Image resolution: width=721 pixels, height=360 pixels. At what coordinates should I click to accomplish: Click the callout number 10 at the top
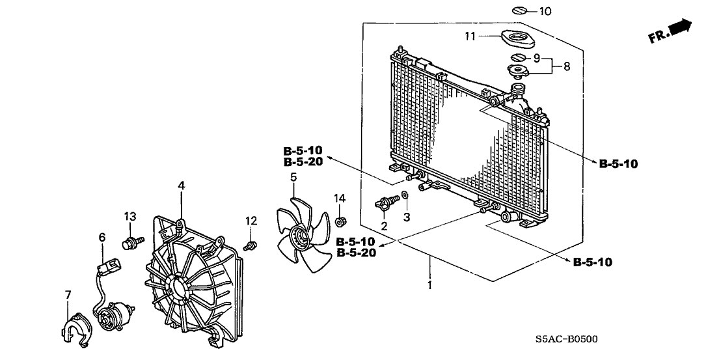coord(545,11)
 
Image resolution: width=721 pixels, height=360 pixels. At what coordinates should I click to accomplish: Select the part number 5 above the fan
coord(293,177)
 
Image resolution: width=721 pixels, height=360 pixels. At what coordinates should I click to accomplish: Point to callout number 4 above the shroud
coord(182,186)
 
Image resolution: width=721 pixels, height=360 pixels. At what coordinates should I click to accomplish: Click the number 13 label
coord(130,215)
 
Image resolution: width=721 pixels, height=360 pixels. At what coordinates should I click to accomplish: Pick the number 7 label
coord(68,296)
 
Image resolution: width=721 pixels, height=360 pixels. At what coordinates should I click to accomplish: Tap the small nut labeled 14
coord(339,222)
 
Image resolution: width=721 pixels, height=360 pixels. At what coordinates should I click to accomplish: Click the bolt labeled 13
coord(130,243)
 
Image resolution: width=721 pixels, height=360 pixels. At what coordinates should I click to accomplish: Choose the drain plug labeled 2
coord(385,203)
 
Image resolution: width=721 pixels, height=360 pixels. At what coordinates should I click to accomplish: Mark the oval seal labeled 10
coord(519,10)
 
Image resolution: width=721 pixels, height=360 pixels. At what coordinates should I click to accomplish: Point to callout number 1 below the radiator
coord(428,284)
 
